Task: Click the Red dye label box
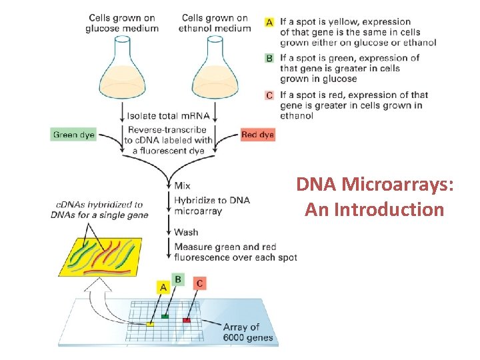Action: (257, 135)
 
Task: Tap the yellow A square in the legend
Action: (269, 23)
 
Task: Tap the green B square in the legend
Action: (269, 58)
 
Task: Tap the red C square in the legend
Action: (269, 95)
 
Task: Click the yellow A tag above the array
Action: (163, 287)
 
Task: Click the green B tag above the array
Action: (178, 279)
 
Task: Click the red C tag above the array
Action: (200, 284)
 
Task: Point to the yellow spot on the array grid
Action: (151, 324)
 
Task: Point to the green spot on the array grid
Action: (165, 316)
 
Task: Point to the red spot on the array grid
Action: (187, 320)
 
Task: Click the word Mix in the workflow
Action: (182, 185)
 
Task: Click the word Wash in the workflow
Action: (185, 233)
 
